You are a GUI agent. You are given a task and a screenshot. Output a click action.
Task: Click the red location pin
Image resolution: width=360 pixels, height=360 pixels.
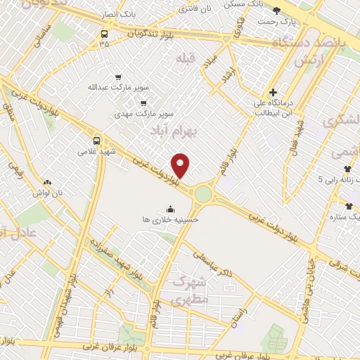click(181, 165)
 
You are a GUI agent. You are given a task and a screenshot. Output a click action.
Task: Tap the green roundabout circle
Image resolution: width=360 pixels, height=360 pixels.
click(204, 193)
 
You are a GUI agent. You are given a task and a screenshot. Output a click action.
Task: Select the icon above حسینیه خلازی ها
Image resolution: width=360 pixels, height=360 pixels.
click(170, 208)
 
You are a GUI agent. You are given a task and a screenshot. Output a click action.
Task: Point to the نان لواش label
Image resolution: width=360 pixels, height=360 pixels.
click(50, 191)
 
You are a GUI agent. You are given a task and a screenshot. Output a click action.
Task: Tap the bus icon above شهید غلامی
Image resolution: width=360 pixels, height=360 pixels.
click(98, 139)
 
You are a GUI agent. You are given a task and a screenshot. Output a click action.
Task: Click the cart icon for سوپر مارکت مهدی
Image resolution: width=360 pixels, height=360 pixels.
click(143, 103)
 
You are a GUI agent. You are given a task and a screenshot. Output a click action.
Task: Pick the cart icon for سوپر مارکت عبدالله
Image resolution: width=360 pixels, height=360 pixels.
click(117, 77)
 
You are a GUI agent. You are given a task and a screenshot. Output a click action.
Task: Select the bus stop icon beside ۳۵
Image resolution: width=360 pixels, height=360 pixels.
click(105, 34)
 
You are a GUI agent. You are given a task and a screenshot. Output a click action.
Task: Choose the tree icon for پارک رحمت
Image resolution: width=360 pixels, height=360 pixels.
click(276, 11)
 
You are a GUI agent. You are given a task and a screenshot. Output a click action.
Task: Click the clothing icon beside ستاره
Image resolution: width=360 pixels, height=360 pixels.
click(349, 206)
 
